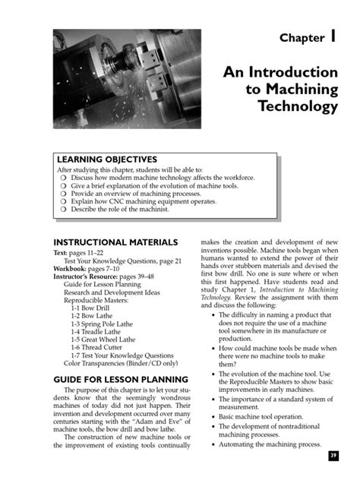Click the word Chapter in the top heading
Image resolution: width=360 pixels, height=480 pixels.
coord(301,38)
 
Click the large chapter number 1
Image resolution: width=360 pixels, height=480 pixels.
coord(333,36)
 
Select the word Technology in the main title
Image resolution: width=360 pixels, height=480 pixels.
coord(297,106)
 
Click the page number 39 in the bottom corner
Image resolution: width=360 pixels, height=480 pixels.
coord(333,455)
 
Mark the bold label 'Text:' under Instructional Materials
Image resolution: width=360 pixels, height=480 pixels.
coord(62,251)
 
